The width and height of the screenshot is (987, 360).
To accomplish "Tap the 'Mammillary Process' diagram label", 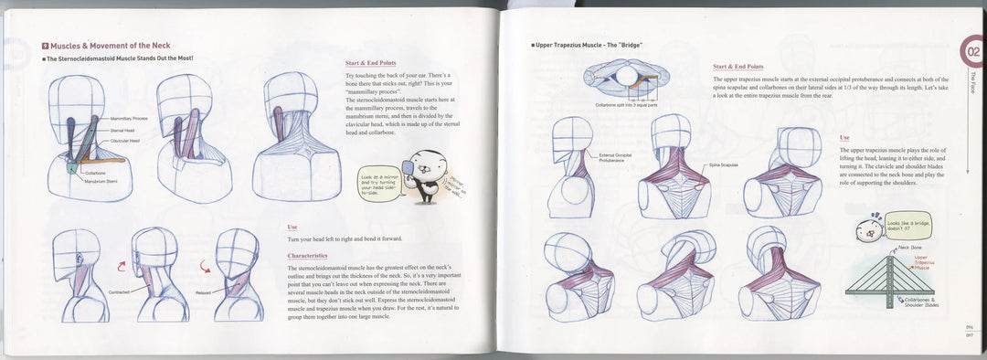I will tap(129, 119).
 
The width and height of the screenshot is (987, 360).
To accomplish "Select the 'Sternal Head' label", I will tap(123, 131).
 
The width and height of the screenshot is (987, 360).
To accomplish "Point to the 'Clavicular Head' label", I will tap(125, 141).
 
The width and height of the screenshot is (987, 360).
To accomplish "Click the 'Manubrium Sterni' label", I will tap(104, 181).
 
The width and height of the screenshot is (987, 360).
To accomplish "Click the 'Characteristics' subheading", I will tap(307, 256).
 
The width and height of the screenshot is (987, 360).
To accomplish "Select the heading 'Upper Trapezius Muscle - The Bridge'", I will tap(590, 45).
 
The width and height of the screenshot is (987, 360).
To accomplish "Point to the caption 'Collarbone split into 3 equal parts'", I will tap(628, 105).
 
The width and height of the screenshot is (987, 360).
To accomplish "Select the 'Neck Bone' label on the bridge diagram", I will tap(910, 247).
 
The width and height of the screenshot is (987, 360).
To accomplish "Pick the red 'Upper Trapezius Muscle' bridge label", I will tap(928, 262).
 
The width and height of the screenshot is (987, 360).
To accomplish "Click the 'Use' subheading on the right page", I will tap(844, 138).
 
